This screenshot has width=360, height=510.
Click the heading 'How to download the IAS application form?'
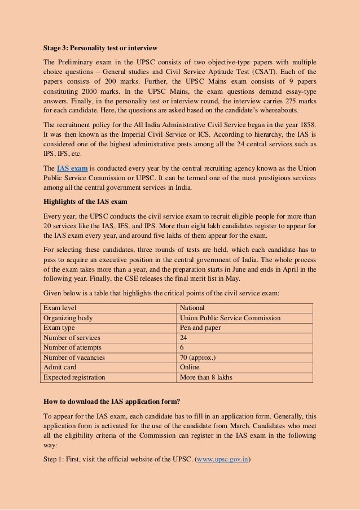(x=112, y=402)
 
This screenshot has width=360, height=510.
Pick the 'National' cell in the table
(x=192, y=308)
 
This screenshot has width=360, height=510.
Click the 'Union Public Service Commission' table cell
(x=230, y=318)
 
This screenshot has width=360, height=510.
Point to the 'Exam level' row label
(x=60, y=308)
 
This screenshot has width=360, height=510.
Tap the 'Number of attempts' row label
(x=73, y=348)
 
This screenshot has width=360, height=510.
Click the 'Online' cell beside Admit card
(x=190, y=367)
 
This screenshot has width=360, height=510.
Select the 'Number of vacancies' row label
(x=74, y=358)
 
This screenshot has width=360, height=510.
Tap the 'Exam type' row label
(x=59, y=328)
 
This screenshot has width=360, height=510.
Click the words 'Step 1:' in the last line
(x=55, y=459)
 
